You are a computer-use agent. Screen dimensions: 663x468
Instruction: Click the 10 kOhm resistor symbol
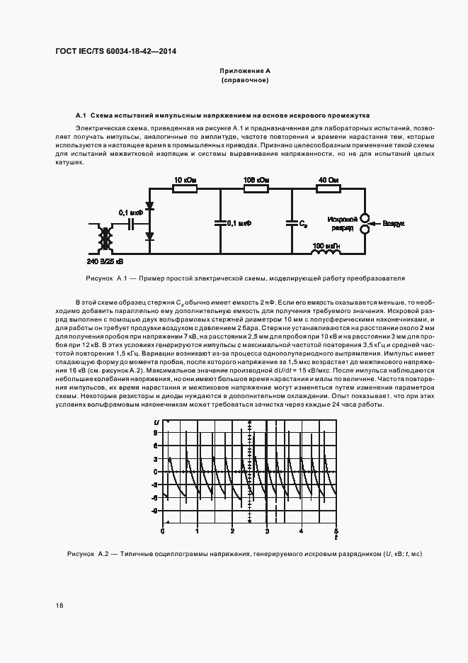tap(185, 189)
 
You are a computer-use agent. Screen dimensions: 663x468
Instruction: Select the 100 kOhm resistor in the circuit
tap(256, 189)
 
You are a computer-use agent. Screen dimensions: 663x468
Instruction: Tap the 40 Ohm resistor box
tap(328, 189)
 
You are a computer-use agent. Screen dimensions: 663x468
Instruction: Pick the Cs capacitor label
tap(303, 224)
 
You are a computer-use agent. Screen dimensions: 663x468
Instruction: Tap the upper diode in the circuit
tap(150, 205)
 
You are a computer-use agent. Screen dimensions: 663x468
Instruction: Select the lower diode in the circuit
tap(150, 236)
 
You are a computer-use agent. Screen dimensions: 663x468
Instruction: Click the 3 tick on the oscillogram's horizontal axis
tap(268, 531)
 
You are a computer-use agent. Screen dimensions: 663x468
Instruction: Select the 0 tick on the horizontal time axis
tap(164, 531)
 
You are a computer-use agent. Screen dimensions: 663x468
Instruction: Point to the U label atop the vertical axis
tap(156, 423)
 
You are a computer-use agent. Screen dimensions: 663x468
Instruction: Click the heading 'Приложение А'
tap(245, 72)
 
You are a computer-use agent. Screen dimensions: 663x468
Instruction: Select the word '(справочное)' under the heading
tap(245, 81)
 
